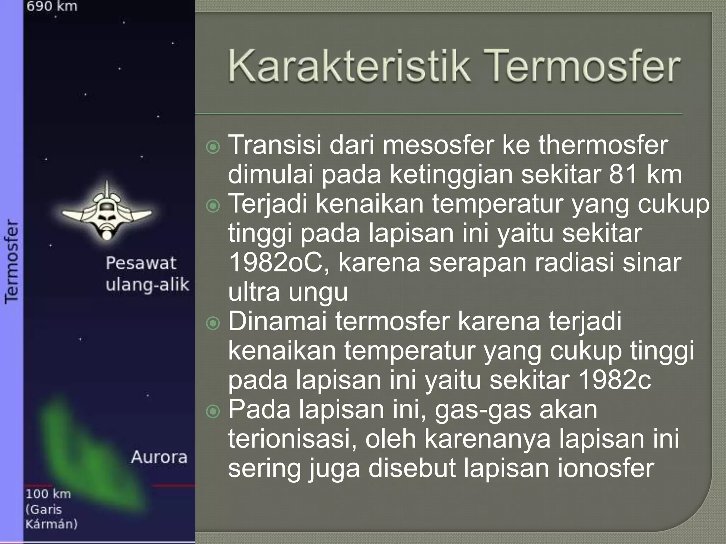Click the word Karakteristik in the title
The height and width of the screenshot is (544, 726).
[x=349, y=66]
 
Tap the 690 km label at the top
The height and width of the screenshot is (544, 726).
[x=52, y=6]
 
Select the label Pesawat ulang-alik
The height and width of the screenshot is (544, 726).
[x=147, y=274]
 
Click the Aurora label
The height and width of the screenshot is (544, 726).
[x=159, y=457]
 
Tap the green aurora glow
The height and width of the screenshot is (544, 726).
[x=89, y=457]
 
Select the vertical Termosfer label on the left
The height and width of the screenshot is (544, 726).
[x=11, y=261]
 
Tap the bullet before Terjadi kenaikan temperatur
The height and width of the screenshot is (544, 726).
[x=213, y=205]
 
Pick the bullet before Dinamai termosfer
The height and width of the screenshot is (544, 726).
[x=213, y=323]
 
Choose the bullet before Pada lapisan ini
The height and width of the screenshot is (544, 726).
[x=213, y=411]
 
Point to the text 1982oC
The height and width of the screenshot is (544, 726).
[x=279, y=263]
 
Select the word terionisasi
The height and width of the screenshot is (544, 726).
[x=292, y=439]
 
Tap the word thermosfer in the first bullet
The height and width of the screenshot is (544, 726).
[x=603, y=145]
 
